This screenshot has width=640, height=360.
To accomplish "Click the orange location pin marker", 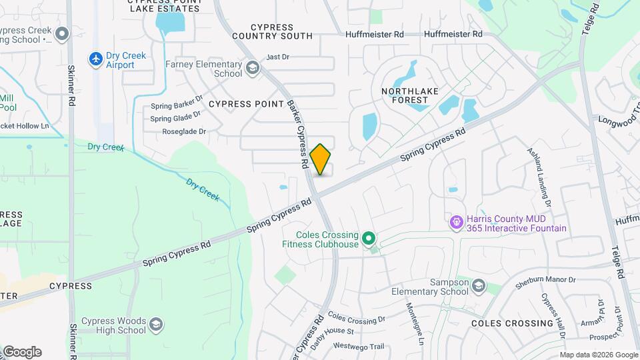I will click(321, 159).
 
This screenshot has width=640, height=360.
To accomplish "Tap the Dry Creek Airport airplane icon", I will click(96, 59).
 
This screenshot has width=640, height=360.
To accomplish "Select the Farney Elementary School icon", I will click(253, 67).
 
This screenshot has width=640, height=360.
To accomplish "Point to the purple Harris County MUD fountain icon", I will click(457, 221).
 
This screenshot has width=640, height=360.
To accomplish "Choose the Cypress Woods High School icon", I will click(156, 325).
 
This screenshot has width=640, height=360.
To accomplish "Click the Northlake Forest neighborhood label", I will click(405, 95).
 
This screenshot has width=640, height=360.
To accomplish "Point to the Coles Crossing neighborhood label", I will click(512, 323).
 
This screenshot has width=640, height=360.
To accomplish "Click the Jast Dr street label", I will click(277, 57).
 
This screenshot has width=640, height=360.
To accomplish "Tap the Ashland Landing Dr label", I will click(541, 175).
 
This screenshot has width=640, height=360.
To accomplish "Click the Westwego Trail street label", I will click(359, 346).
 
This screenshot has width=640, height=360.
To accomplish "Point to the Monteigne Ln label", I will click(415, 323).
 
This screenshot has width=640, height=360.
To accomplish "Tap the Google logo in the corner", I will click(22, 352).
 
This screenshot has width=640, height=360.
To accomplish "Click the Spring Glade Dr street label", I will click(175, 119).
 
